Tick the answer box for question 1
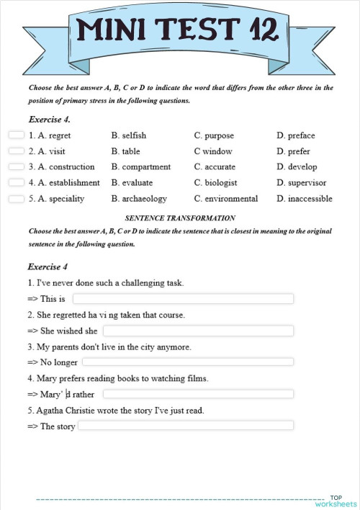coord(17,135)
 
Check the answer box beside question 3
coord(17,166)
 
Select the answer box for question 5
coord(17,198)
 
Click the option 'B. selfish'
coord(129,135)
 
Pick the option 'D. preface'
coord(295,135)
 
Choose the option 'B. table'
coord(126,151)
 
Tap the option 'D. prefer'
coord(294,151)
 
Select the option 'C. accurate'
coord(215,167)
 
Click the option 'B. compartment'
coord(141,167)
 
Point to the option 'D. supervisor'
coord(301,183)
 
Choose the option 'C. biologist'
coord(215,183)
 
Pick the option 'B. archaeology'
coord(139,199)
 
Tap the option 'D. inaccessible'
coord(304,199)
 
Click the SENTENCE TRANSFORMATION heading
coord(180,218)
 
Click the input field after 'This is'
coord(184,299)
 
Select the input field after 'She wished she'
coord(198,331)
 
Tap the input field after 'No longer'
coord(188,362)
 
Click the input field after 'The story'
coord(186,426)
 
